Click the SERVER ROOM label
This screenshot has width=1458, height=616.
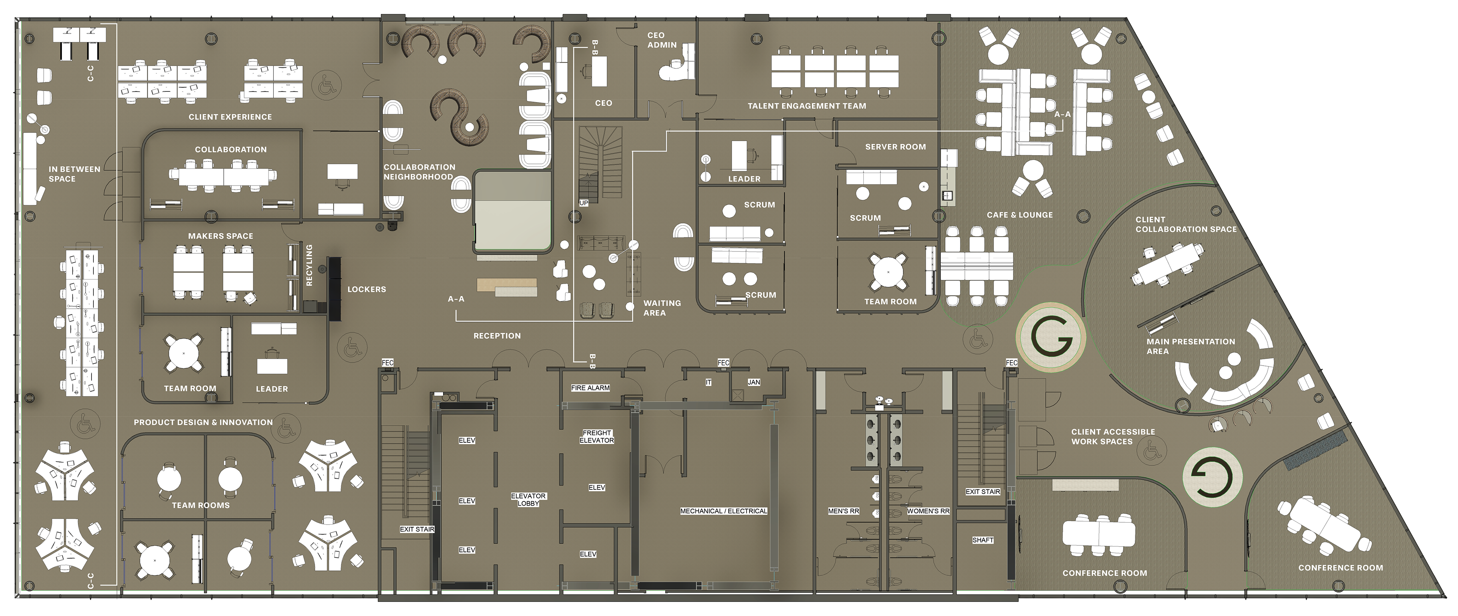[895, 146]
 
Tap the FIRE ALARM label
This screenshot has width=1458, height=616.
[590, 388]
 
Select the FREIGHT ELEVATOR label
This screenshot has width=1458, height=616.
[596, 437]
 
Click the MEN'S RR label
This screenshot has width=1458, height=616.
[843, 511]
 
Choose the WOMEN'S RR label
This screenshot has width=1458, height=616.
[928, 511]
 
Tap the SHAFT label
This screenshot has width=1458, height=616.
[983, 540]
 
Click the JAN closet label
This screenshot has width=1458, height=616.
[754, 382]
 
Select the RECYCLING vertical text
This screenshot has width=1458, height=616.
[309, 265]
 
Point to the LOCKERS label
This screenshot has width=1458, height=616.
[367, 289]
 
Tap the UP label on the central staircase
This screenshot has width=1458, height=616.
[584, 203]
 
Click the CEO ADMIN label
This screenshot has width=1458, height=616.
[662, 39]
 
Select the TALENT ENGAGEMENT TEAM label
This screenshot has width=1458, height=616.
[806, 106]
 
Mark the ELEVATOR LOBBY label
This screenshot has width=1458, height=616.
[528, 500]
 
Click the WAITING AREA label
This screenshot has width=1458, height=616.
[662, 308]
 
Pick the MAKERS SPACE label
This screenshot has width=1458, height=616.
[221, 236]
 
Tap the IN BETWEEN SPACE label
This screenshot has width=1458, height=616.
[74, 174]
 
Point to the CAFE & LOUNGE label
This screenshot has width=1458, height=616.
[1020, 215]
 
